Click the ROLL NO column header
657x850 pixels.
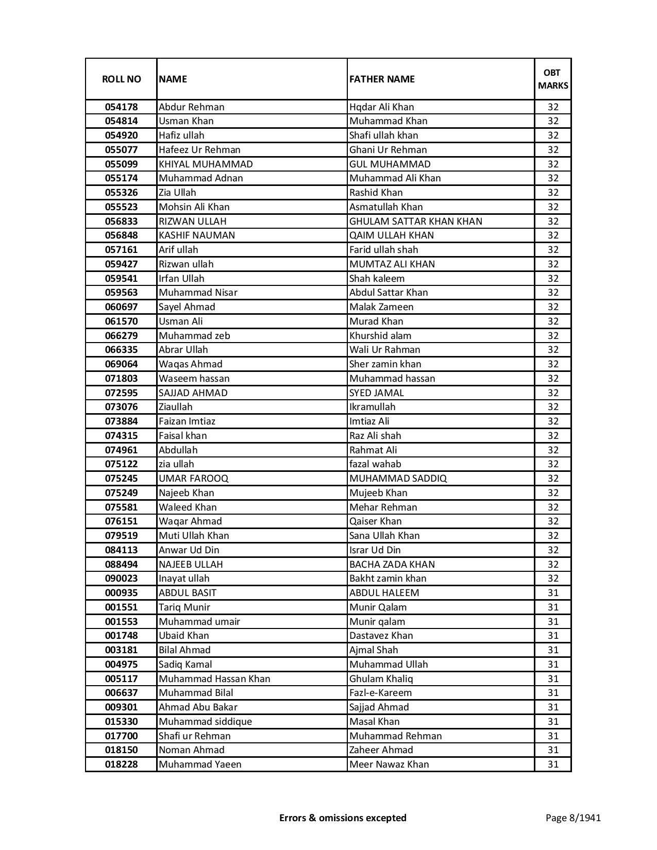pyautogui.click(x=121, y=79)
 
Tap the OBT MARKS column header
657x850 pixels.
pyautogui.click(x=553, y=79)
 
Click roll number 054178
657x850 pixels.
pyautogui.click(x=121, y=107)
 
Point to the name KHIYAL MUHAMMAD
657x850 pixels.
pyautogui.click(x=206, y=164)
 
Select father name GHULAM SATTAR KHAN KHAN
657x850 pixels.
pyautogui.click(x=415, y=222)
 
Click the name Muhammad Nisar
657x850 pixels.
pyautogui.click(x=198, y=293)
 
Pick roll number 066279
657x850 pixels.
pyautogui.click(x=121, y=336)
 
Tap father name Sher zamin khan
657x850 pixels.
pyautogui.click(x=385, y=364)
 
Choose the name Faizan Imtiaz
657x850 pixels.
pyautogui.click(x=187, y=421)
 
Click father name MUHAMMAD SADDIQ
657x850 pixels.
pyautogui.click(x=398, y=479)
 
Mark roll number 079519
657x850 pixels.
pyautogui.click(x=121, y=536)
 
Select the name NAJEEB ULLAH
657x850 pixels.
pyautogui.click(x=191, y=565)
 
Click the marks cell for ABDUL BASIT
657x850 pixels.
pyautogui.click(x=553, y=593)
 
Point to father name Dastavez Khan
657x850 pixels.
pyautogui.click(x=381, y=636)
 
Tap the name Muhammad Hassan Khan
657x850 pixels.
pyautogui.click(x=214, y=679)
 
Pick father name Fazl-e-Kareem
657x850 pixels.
pyautogui.click(x=380, y=693)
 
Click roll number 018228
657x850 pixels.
pyautogui.click(x=121, y=764)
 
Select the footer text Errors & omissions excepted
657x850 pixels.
pyautogui.click(x=343, y=818)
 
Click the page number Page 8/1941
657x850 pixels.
pyautogui.click(x=573, y=818)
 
